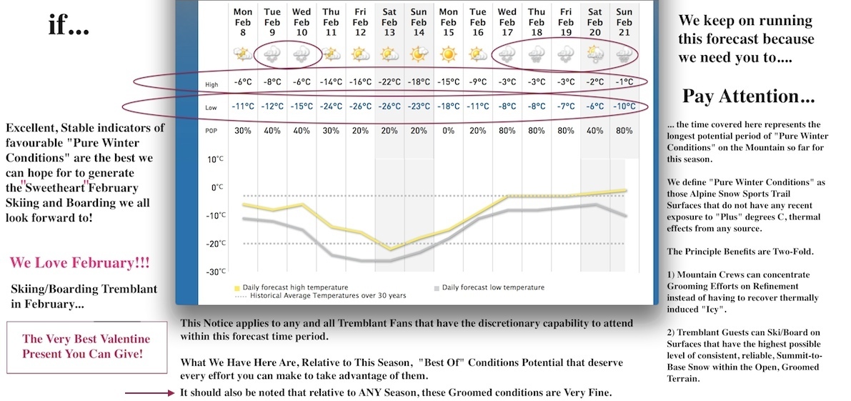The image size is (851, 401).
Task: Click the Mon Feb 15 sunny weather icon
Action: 448,54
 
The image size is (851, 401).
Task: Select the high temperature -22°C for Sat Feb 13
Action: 389,82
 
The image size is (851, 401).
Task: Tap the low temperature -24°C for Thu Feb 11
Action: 331,107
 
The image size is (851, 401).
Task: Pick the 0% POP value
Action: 448,130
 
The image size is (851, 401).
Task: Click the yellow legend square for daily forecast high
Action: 237,287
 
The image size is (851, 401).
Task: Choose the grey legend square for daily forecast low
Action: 437,287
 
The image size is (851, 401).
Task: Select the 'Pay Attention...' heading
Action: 748,96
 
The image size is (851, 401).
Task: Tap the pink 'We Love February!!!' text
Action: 79,263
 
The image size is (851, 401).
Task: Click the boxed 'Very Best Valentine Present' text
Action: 87,347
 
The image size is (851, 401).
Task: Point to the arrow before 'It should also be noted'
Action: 150,393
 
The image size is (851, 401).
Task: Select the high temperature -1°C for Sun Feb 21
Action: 624,82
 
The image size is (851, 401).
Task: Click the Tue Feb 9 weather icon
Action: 272,54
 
